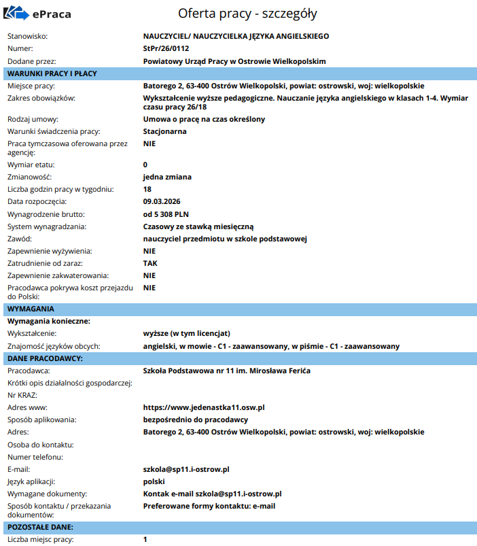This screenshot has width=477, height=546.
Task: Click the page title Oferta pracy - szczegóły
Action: pos(247,14)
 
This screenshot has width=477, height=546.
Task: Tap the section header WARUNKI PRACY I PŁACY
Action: pos(52,73)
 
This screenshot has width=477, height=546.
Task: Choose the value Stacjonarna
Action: pos(164,131)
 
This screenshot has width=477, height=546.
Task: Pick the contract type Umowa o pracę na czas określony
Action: pos(204,119)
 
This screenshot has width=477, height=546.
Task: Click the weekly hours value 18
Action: pos(147,189)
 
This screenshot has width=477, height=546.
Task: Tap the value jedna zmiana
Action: pos(168,177)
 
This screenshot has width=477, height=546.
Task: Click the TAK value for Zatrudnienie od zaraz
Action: pos(150,263)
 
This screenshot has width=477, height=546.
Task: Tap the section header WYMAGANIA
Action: pos(31,309)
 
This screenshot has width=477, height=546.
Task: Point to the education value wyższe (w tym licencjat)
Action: pos(187,334)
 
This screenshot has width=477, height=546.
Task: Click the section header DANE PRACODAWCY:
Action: pos(45,358)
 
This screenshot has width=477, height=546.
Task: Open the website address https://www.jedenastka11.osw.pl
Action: pos(203,407)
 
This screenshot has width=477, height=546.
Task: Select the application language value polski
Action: pos(155,481)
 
